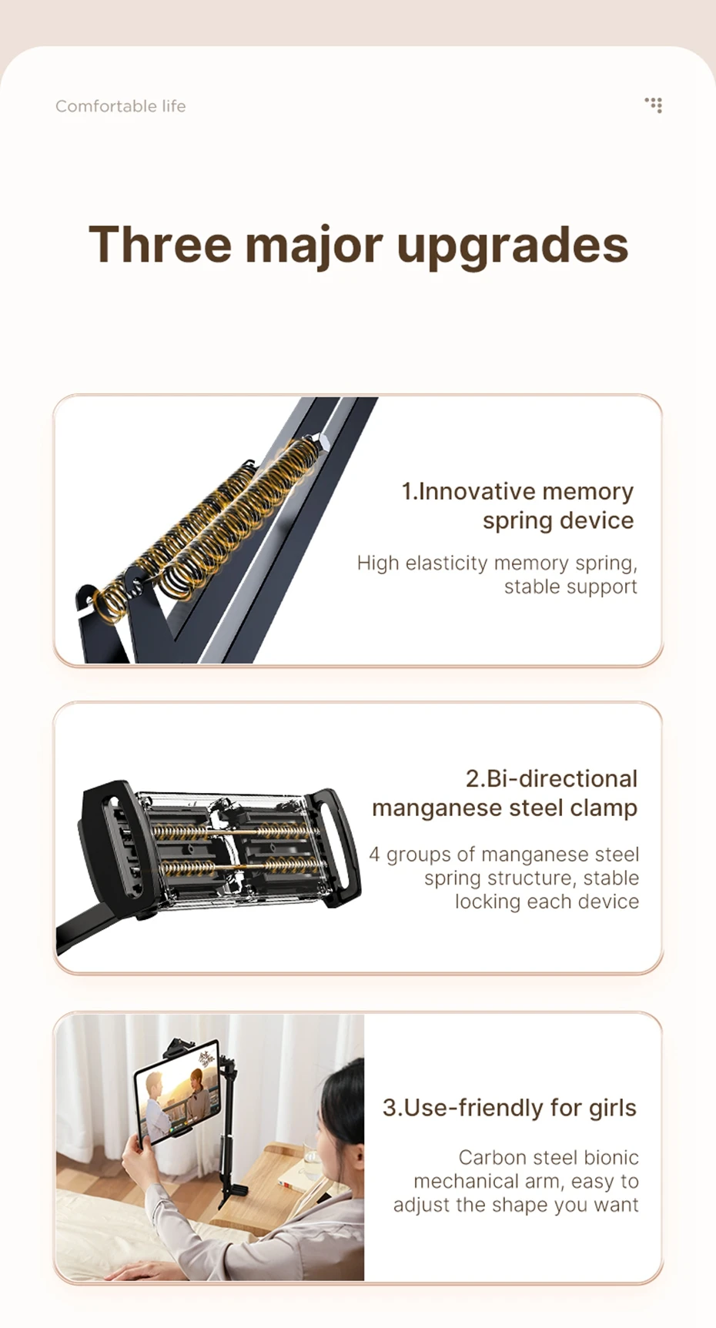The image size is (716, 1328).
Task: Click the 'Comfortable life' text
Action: (x=120, y=106)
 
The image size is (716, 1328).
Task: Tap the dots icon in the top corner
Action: (x=654, y=105)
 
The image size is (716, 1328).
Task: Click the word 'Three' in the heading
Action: (x=160, y=245)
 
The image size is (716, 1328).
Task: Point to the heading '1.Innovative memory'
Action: (x=517, y=491)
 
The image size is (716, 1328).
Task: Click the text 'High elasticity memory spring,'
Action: (x=497, y=564)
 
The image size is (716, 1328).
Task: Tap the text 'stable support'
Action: (x=570, y=587)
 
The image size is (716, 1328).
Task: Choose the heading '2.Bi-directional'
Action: (x=551, y=778)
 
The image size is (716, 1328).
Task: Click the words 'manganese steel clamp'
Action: (x=505, y=808)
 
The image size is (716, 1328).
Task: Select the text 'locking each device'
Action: (x=547, y=902)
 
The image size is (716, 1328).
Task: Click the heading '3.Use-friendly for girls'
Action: (x=510, y=1108)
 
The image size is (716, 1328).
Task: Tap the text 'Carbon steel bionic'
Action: (x=549, y=1158)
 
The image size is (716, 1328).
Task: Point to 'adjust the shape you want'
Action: (x=516, y=1205)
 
